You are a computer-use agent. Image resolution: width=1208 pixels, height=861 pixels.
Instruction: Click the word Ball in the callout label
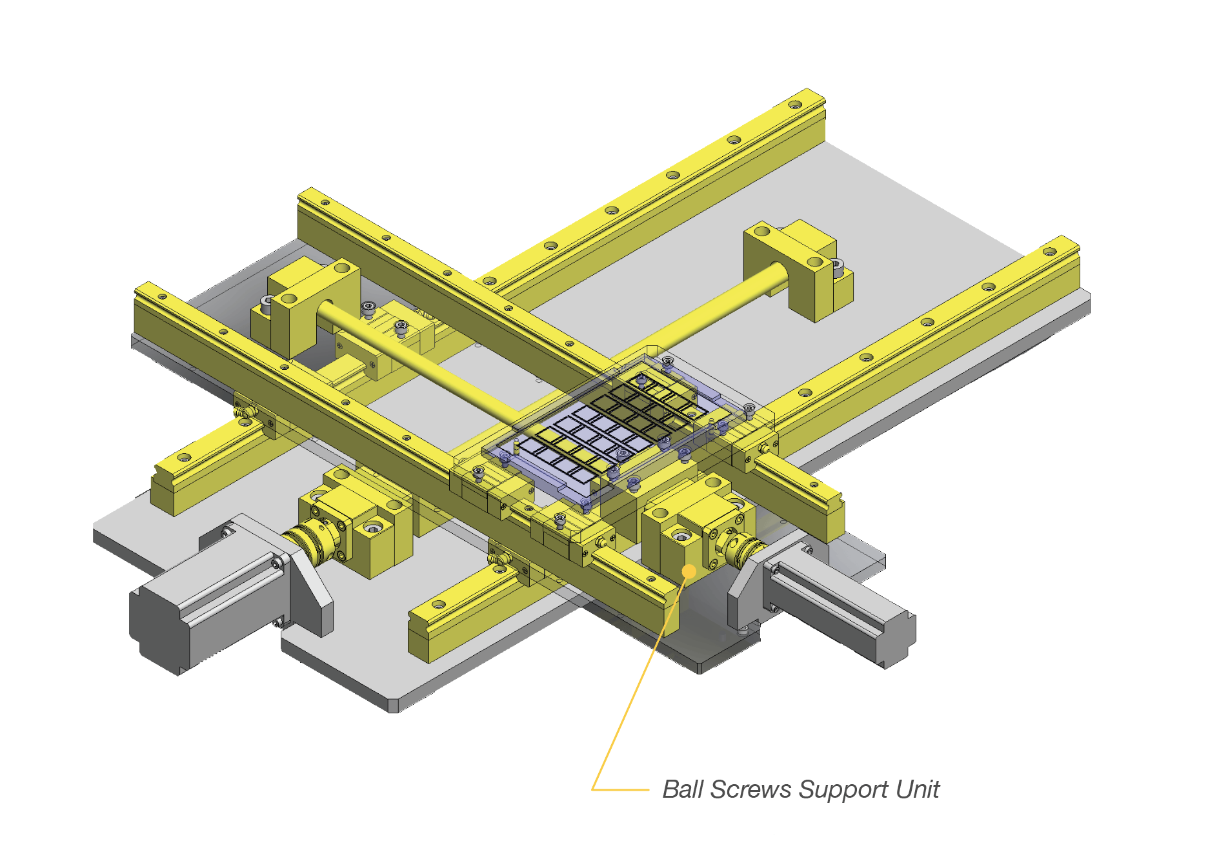[682, 789]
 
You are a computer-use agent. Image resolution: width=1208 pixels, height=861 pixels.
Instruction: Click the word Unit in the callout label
[918, 789]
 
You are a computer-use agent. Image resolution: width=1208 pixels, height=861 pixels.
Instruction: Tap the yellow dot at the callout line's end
[689, 571]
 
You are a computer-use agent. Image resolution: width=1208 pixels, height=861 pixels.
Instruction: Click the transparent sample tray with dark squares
[607, 426]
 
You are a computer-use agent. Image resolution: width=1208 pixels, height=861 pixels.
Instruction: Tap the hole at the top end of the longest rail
[795, 103]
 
